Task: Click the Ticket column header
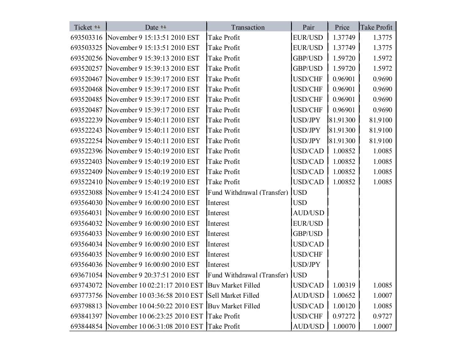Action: tap(83, 27)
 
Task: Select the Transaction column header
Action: tap(248, 27)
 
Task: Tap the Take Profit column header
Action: tap(376, 27)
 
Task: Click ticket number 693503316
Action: tap(86, 37)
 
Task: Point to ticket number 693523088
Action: tap(86, 192)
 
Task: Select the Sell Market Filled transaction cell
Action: tap(233, 295)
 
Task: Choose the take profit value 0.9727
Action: tap(383, 316)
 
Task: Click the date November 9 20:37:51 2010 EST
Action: tap(153, 275)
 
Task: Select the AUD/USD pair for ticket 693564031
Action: tap(308, 213)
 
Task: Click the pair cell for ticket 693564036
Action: tap(307, 264)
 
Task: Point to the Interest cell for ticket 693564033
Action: tap(219, 233)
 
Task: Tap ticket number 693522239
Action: tap(86, 120)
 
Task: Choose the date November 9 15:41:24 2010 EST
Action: tap(153, 192)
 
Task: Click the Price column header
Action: tap(342, 27)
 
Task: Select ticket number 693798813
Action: tap(86, 306)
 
